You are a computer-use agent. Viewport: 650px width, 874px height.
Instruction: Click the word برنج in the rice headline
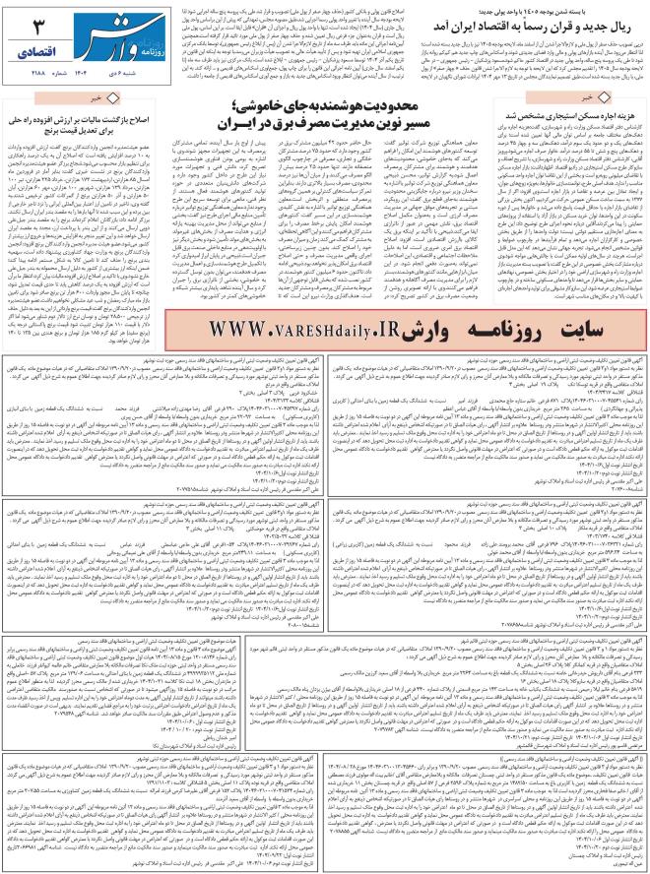(61, 126)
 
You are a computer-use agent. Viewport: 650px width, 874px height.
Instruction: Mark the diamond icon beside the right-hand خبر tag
(631, 98)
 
